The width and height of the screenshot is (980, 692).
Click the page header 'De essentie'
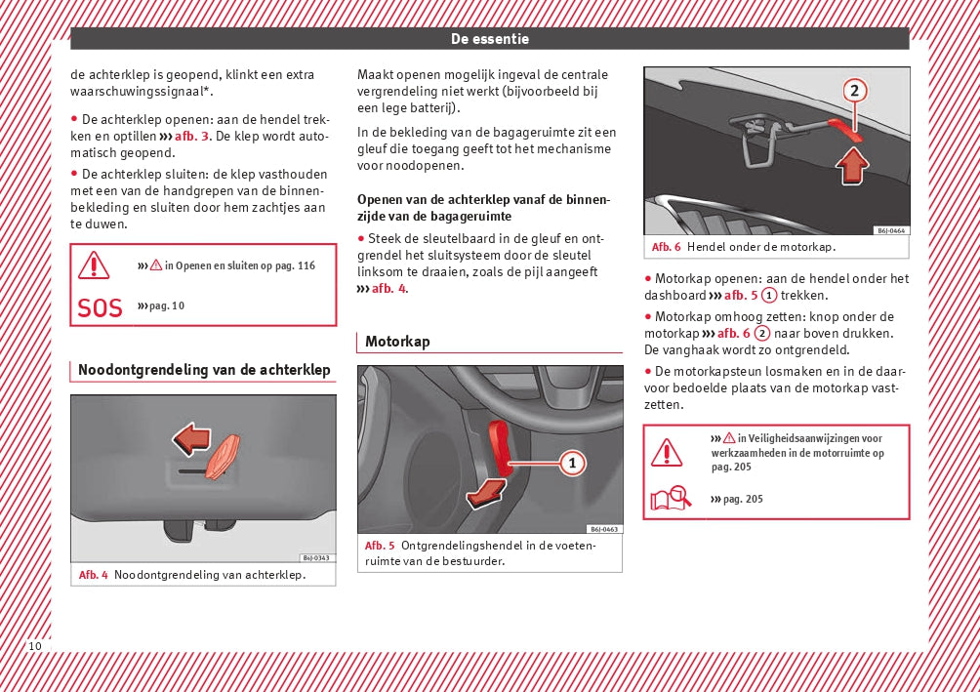coord(490,39)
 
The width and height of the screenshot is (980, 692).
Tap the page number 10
coord(35,646)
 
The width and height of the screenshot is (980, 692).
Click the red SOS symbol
coord(100,308)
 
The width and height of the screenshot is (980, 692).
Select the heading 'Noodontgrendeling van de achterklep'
coord(204,370)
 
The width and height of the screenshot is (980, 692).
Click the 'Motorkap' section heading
coord(397,342)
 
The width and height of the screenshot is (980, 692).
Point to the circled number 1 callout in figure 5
coord(573,463)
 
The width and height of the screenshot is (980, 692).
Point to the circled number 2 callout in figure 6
coord(854,91)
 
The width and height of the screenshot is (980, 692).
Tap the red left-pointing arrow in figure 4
coord(190,438)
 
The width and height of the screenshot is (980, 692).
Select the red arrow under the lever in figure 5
coord(486,495)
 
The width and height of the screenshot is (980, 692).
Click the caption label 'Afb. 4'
coord(93,575)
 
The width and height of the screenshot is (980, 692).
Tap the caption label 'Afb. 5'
coord(380,546)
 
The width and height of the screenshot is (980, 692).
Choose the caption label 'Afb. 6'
coord(667,247)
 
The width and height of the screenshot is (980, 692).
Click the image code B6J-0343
coord(316,558)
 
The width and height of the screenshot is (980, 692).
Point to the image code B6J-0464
coord(889,231)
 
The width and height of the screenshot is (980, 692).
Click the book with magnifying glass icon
coord(671,500)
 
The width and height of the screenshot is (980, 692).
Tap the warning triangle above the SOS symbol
coord(95,265)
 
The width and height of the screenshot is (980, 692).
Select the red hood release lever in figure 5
coord(500,444)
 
